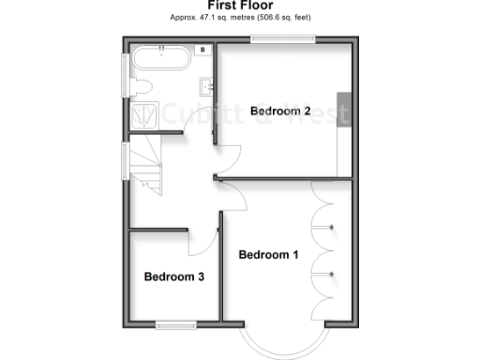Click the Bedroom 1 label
[x=268, y=254]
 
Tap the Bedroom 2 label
[x=280, y=111]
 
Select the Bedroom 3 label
[x=173, y=277]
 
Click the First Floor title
[x=239, y=7]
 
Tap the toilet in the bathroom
[x=142, y=85]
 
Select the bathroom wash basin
[x=206, y=87]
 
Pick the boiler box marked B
[x=202, y=49]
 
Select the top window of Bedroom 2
[x=282, y=38]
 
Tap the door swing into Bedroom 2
[x=230, y=159]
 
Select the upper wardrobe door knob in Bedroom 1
[x=335, y=227]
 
